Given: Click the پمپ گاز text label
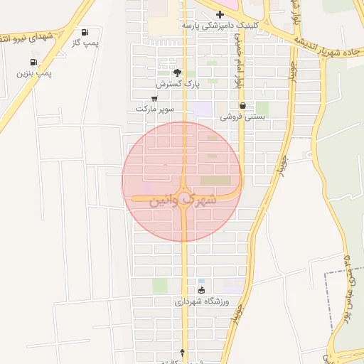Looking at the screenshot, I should coord(84,43).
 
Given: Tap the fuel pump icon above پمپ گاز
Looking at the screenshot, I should coord(85,32).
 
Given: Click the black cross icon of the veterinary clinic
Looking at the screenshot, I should coord(220,14).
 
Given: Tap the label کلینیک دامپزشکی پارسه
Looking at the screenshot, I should coord(220,25).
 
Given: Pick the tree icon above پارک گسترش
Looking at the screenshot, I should coord(177,73).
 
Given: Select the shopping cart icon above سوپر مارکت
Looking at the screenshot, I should coord(154,99).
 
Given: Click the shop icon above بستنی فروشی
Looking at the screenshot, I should coord(242,106).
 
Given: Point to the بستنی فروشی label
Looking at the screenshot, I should coord(242,117).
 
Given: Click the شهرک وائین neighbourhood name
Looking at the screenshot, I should coord(182,200).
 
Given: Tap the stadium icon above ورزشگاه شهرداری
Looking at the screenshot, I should coord(201,291).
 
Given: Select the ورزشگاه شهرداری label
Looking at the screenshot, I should coord(201,301).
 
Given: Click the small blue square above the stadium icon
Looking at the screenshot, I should coord(201,281).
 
